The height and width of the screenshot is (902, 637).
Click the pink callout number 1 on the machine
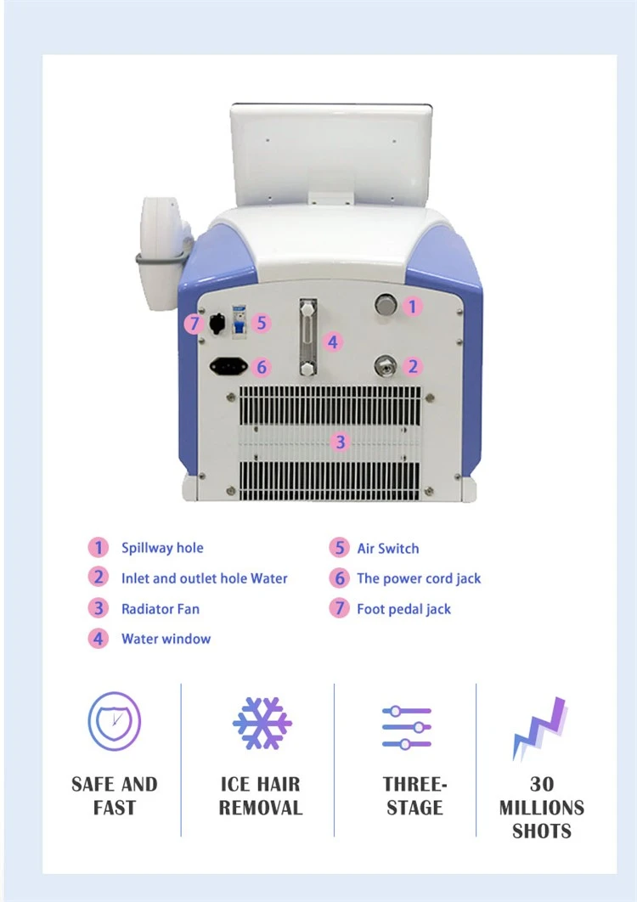pyautogui.click(x=412, y=306)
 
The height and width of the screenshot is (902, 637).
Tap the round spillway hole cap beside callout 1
pyautogui.click(x=386, y=304)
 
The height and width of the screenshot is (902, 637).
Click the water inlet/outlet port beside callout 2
pyautogui.click(x=386, y=365)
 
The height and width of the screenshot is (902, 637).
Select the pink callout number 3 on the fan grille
pyautogui.click(x=341, y=442)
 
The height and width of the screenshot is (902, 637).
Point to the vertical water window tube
pyautogui.click(x=307, y=336)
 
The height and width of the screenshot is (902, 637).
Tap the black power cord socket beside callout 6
pyautogui.click(x=228, y=365)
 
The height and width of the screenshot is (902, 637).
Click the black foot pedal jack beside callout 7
pyautogui.click(x=217, y=324)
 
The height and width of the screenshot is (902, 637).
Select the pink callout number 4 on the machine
pyautogui.click(x=332, y=341)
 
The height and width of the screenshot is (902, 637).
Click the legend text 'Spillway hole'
pyautogui.click(x=162, y=548)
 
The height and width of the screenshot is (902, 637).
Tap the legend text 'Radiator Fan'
pyautogui.click(x=161, y=609)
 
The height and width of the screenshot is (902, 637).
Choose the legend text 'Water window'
pyautogui.click(x=166, y=639)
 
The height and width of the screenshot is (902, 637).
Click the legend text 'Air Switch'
pyautogui.click(x=388, y=548)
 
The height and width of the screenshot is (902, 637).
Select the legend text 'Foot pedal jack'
pyautogui.click(x=404, y=609)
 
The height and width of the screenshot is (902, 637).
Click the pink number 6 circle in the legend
pyautogui.click(x=340, y=578)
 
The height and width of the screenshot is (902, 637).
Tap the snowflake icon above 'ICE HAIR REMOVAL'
pyautogui.click(x=262, y=723)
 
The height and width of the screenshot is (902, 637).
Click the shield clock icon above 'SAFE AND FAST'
pyautogui.click(x=115, y=721)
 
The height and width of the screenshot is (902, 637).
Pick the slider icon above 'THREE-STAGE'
pyautogui.click(x=407, y=728)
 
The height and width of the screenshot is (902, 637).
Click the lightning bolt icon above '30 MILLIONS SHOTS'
pyautogui.click(x=540, y=728)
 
